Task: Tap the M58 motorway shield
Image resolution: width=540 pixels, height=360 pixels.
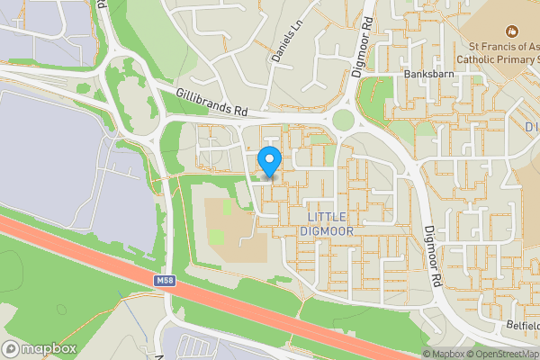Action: [x=164, y=282]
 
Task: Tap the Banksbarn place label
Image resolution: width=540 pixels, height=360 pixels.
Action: [x=427, y=74]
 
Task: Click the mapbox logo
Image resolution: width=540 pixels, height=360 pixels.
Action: [x=40, y=348]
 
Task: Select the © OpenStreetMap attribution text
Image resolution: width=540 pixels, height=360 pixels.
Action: [x=500, y=354]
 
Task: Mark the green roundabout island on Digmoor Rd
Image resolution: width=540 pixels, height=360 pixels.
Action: [x=343, y=119]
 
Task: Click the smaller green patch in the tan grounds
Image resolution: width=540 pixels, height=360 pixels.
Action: [x=227, y=207]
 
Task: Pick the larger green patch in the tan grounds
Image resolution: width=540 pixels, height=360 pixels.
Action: [x=217, y=238]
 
